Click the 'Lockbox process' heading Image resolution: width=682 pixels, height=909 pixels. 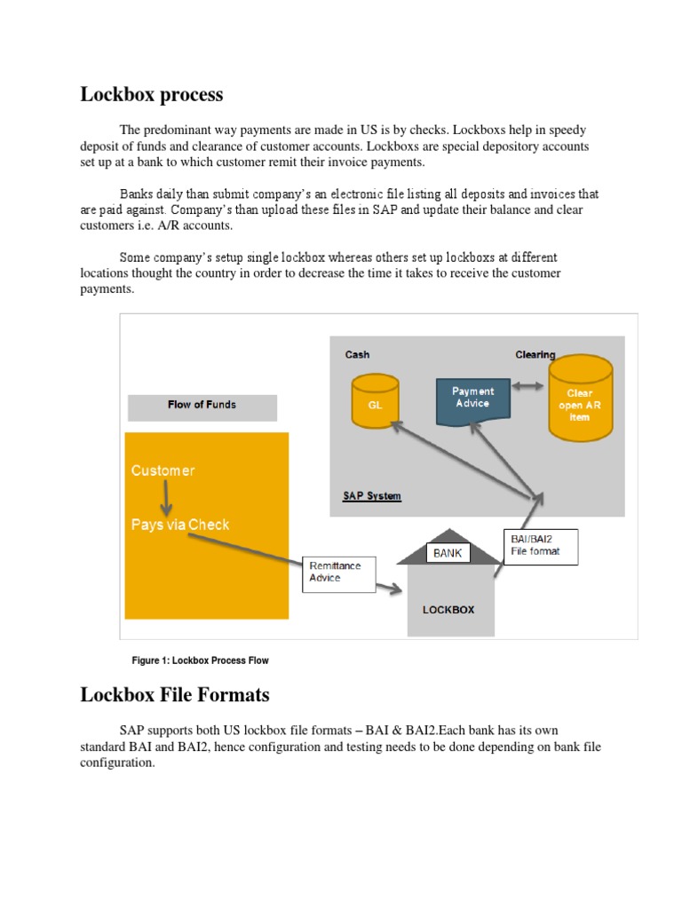[152, 94]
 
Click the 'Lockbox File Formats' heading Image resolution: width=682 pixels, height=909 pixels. [174, 694]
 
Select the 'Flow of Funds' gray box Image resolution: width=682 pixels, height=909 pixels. [202, 406]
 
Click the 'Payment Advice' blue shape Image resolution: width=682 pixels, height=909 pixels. [473, 399]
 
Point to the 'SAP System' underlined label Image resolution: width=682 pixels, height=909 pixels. [372, 496]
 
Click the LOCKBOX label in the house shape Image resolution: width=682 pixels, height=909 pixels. [448, 610]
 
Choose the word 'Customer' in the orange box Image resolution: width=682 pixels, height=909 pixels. [163, 470]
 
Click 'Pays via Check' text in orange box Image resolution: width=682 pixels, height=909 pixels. [180, 525]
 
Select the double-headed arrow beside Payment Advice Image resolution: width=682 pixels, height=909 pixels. [529, 387]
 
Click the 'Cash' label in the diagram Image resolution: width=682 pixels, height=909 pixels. [357, 354]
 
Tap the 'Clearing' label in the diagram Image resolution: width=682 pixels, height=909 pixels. [535, 354]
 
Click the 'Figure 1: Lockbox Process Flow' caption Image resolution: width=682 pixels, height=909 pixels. [200, 660]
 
